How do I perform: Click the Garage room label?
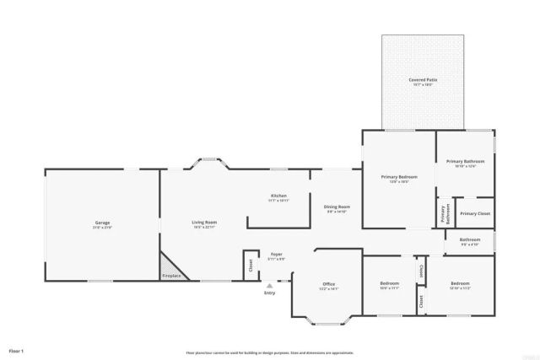(102, 223)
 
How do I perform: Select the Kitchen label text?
(278, 196)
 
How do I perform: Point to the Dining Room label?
(337, 207)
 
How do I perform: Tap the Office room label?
(329, 284)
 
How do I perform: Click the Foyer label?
(276, 254)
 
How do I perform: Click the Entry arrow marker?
(270, 286)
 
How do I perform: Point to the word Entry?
(270, 293)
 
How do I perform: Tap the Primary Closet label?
(475, 213)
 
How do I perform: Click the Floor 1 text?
(16, 349)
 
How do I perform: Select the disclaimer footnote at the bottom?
(270, 352)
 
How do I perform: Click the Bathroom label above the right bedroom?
(470, 239)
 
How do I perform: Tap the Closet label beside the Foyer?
(251, 264)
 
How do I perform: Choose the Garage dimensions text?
(102, 228)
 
